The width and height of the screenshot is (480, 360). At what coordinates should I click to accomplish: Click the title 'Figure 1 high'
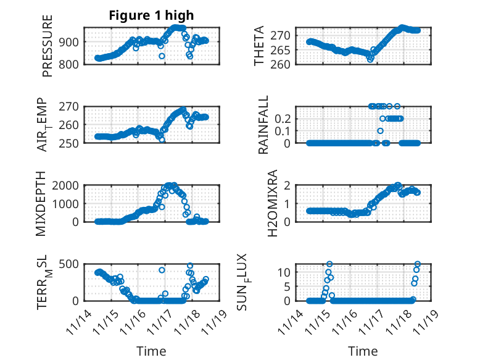coord(151,15)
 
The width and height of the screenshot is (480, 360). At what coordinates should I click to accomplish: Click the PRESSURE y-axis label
coord(48,46)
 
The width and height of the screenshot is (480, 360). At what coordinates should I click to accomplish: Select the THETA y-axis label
coord(259,46)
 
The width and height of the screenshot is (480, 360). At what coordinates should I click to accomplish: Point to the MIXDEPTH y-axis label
coord(41,203)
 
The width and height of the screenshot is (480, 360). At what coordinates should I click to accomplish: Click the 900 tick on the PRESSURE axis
coord(68,42)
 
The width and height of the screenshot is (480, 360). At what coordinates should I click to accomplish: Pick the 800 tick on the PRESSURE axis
coord(68,64)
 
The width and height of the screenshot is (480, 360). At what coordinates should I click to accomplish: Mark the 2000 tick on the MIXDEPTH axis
coord(66,185)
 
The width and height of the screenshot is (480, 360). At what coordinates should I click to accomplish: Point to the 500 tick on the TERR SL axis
coord(68,264)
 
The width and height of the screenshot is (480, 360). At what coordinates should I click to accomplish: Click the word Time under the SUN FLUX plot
coord(363,351)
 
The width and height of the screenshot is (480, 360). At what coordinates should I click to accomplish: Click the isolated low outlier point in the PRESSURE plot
coord(162,56)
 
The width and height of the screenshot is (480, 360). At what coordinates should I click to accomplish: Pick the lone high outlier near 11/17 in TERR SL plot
coord(162,270)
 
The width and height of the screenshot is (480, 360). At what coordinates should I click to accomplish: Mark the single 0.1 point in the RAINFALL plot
coord(380,131)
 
